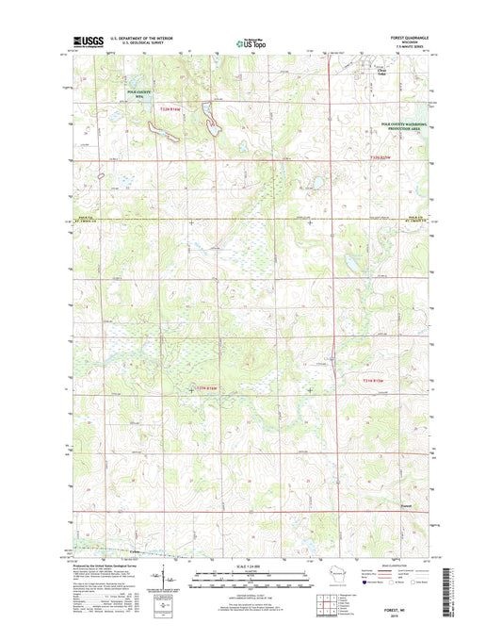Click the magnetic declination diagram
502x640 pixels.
[167, 578]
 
